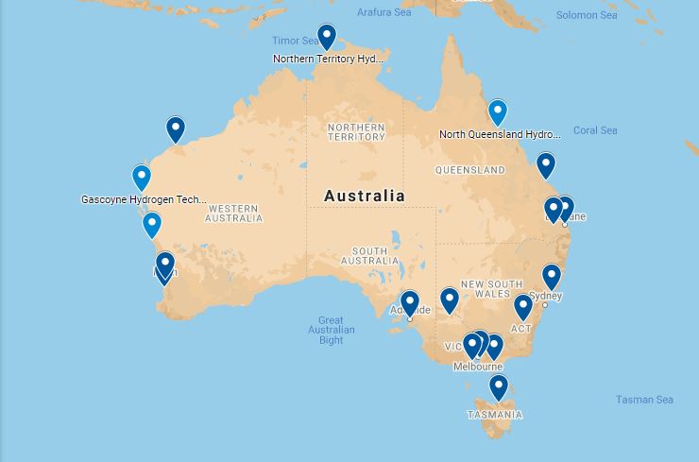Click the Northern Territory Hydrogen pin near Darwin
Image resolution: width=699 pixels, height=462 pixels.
(326, 36)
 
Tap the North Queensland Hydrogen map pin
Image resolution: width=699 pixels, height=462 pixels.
(497, 111)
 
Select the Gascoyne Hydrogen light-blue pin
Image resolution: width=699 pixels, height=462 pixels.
(141, 177)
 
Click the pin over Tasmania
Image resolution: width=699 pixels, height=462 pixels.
(498, 386)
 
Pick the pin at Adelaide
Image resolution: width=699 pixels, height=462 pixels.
(409, 303)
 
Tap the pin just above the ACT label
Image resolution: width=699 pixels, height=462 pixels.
(522, 306)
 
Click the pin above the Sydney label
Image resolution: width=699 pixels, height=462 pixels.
(551, 276)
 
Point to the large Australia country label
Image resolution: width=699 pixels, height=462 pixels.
(365, 197)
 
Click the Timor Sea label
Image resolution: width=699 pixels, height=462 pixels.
(296, 41)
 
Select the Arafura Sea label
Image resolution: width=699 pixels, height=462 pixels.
(384, 12)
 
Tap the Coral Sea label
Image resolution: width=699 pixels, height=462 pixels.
(595, 130)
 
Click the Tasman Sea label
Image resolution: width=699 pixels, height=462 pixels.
(644, 400)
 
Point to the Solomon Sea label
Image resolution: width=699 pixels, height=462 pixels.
(586, 15)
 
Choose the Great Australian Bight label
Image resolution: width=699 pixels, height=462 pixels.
(331, 330)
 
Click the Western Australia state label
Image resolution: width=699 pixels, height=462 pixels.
(234, 214)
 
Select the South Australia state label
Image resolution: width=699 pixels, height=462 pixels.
(369, 255)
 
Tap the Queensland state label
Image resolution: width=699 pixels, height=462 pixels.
(469, 170)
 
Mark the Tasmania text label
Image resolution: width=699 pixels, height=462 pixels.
(494, 415)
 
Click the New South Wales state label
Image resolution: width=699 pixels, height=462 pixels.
(491, 289)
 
